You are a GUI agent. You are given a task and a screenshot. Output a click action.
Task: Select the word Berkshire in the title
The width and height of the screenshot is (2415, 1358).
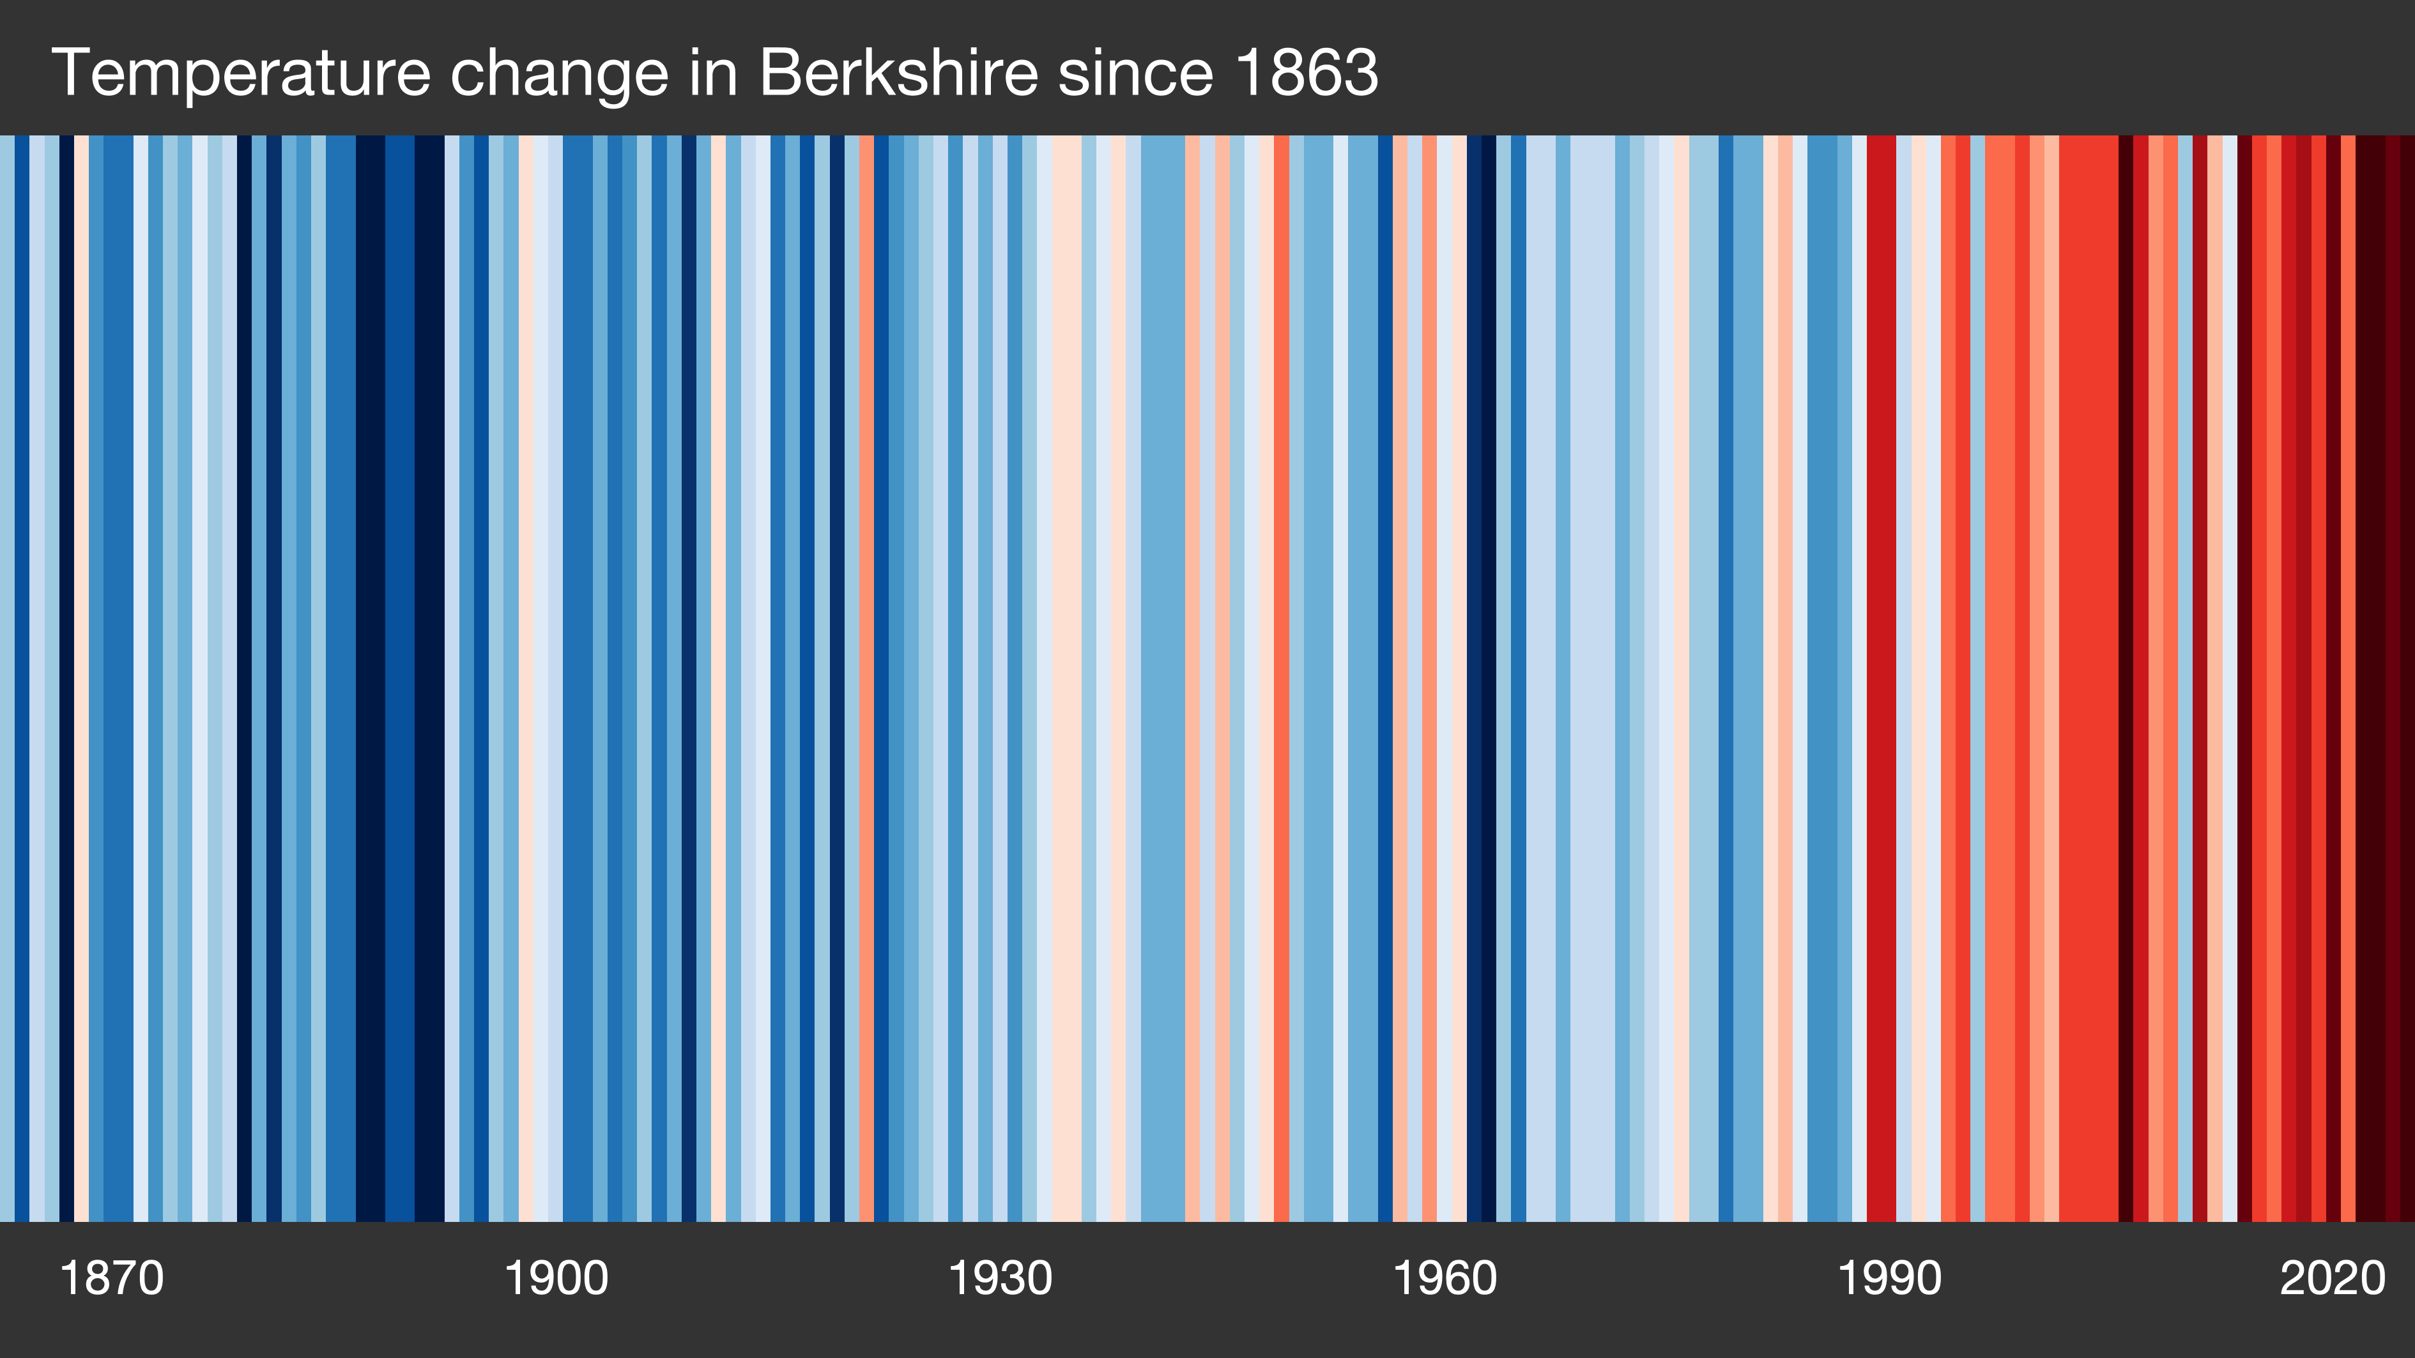click(898, 73)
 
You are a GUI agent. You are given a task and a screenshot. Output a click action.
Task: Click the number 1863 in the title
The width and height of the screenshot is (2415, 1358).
click(1306, 73)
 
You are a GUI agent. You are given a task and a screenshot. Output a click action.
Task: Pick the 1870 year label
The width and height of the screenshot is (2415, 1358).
click(112, 1278)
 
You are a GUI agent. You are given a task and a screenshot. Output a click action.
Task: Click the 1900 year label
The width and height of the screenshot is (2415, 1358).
click(556, 1278)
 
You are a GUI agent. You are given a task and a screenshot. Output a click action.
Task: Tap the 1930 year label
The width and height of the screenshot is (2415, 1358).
click(1000, 1278)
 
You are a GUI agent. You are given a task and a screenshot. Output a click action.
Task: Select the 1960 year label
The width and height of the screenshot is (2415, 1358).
click(1445, 1278)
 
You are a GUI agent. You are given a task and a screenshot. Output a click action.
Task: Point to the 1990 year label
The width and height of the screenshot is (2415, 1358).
click(1889, 1278)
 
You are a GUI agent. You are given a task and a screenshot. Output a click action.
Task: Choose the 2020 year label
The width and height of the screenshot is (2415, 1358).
click(2333, 1278)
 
